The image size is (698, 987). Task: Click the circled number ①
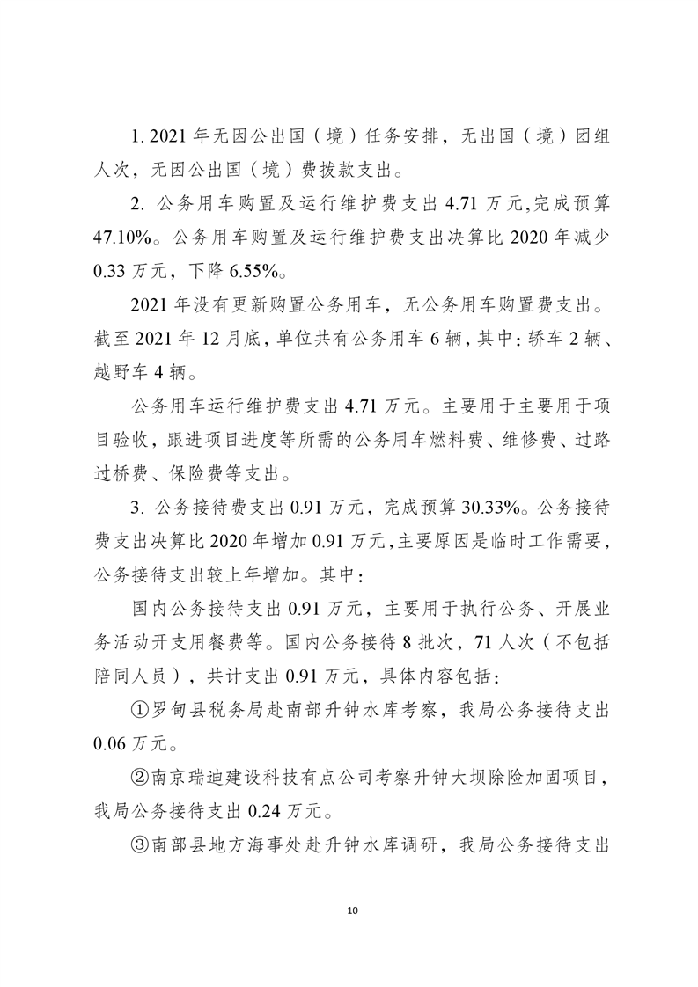[x=138, y=711]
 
